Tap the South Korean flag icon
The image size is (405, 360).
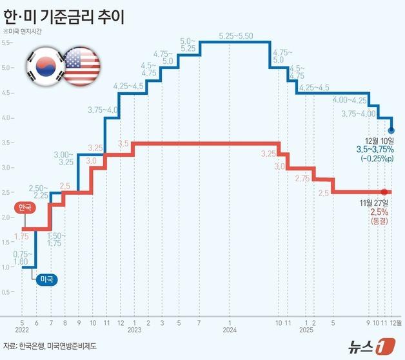[x=44, y=65]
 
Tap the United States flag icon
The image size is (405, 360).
[x=82, y=65]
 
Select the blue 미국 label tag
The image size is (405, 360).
[x=46, y=279]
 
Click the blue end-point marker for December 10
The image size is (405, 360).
[x=391, y=130]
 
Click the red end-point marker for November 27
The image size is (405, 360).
[x=384, y=192]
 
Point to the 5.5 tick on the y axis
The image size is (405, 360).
[x=6, y=43]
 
